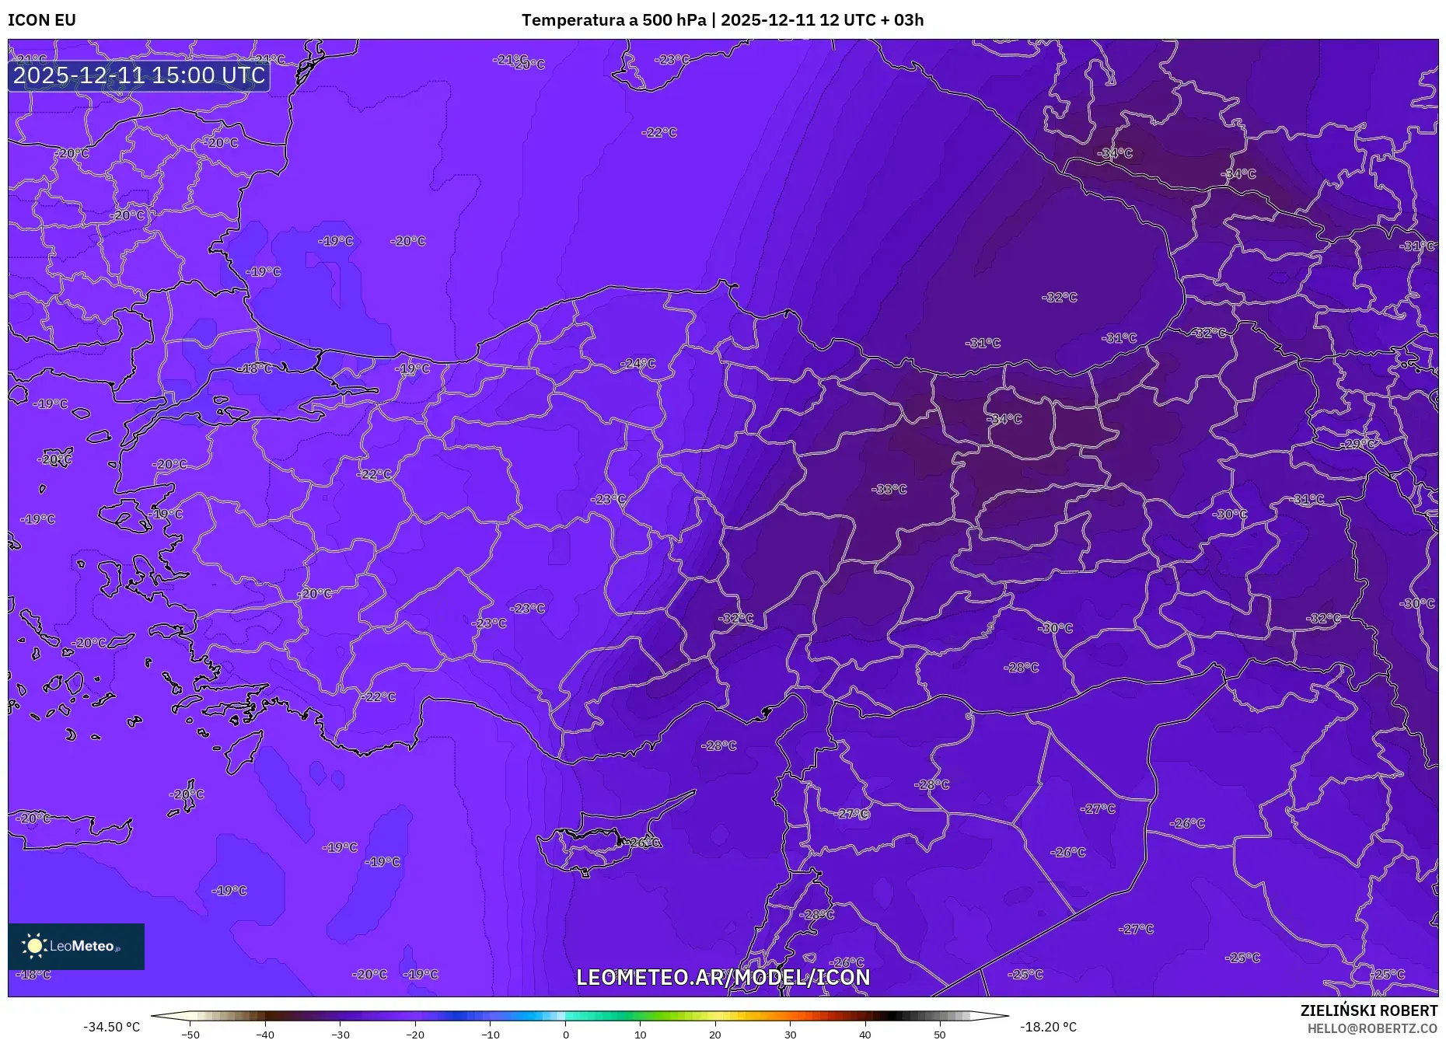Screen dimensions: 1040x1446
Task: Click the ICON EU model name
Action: [42, 20]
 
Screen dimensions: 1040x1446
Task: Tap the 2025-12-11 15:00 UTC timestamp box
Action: [139, 75]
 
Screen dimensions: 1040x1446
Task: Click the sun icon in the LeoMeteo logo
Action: [34, 945]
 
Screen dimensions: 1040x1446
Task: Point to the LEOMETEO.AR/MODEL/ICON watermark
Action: [723, 977]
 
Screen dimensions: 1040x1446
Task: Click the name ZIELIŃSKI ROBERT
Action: [1368, 1010]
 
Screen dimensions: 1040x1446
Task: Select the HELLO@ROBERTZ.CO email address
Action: [1372, 1028]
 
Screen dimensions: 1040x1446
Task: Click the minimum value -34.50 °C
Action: [112, 1027]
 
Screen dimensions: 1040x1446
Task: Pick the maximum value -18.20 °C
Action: [1048, 1027]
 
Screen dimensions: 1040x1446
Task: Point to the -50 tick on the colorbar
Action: [190, 1035]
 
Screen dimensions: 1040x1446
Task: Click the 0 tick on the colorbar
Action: [566, 1035]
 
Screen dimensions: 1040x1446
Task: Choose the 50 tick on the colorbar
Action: [940, 1035]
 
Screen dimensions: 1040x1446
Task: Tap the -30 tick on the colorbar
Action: [341, 1035]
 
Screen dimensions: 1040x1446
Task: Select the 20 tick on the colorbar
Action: [715, 1035]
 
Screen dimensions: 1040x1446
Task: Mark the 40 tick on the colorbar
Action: [865, 1035]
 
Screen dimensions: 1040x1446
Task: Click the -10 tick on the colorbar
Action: [491, 1035]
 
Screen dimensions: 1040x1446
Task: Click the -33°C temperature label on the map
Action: [889, 490]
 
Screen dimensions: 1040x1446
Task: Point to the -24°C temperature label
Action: [637, 364]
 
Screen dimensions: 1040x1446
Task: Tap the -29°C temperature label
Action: [1358, 444]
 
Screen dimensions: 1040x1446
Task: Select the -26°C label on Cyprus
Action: [642, 843]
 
